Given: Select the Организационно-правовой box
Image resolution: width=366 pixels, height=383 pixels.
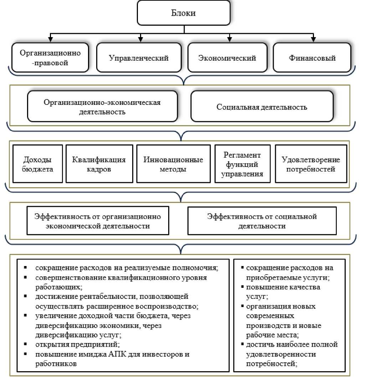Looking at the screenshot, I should (50, 58).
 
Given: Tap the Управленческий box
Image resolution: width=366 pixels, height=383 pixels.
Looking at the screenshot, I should (139, 58).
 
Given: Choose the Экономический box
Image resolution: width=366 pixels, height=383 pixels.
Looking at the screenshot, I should (227, 58).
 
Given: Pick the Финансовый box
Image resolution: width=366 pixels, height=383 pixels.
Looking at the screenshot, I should (312, 58).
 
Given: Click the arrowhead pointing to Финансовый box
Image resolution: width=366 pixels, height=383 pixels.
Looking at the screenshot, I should (313, 38).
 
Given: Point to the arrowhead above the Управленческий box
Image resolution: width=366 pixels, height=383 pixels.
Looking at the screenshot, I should (140, 38).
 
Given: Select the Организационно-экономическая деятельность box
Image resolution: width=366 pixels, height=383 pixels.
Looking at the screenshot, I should (102, 107).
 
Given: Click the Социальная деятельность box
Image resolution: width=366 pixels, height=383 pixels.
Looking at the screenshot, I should (262, 107).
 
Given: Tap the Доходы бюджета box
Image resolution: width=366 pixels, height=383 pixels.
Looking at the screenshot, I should (38, 164).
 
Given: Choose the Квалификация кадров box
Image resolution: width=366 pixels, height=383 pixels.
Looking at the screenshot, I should (99, 164).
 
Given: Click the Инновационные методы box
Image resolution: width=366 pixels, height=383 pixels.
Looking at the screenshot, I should (173, 164).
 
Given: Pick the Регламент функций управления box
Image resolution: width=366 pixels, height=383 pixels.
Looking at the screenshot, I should (242, 164).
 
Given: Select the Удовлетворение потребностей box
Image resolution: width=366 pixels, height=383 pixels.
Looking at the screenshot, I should (311, 164).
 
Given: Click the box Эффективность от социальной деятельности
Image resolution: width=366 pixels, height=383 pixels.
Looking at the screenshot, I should (262, 221).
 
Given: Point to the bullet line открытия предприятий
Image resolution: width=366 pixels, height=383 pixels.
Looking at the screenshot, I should (77, 345).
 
